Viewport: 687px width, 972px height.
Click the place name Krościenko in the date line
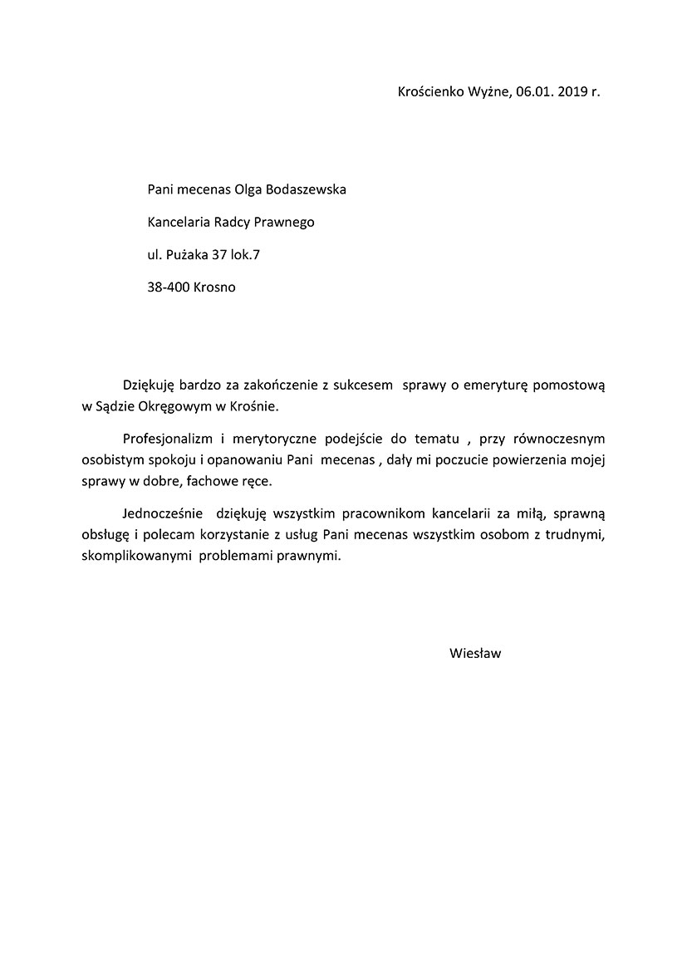433,91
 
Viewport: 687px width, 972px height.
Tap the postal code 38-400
168,287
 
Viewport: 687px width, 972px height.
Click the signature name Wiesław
475,653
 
